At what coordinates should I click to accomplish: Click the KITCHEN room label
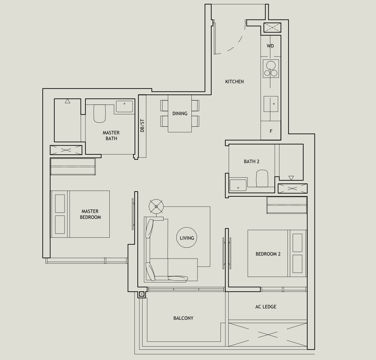(x=234, y=82)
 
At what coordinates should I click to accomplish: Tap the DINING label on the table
(x=180, y=113)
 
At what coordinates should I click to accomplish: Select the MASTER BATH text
(x=111, y=136)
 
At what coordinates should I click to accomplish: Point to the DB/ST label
(x=143, y=126)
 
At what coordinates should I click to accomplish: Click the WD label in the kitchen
(x=270, y=46)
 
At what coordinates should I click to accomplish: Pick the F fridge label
(x=271, y=131)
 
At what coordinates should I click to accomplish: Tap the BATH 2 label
(x=252, y=161)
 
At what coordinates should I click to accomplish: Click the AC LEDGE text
(x=266, y=307)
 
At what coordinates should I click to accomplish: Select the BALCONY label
(x=183, y=318)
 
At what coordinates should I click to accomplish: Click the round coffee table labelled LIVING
(x=187, y=238)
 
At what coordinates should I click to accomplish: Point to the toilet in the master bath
(x=100, y=113)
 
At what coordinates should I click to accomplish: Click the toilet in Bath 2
(x=262, y=179)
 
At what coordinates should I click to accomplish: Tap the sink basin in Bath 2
(x=238, y=185)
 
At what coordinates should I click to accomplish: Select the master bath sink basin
(x=124, y=106)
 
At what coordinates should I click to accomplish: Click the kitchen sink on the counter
(x=271, y=104)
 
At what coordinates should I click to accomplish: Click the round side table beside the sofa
(x=156, y=206)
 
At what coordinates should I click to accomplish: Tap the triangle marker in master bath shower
(x=67, y=101)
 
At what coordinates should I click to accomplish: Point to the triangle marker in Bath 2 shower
(x=291, y=178)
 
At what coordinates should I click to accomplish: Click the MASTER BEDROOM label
(x=90, y=214)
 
